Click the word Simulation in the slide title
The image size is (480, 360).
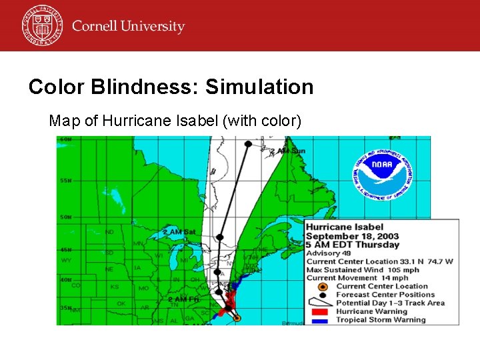coord(259,87)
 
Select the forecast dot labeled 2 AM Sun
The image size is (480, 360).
coord(248,144)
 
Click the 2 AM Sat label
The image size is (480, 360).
coord(180,232)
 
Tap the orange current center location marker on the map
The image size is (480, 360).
coord(237,318)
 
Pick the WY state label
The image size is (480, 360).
coord(65,260)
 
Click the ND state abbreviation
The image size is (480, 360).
coord(109,232)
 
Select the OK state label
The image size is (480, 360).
coord(121,303)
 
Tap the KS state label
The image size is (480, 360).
coord(115,287)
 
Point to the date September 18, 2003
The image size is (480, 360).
coord(353,236)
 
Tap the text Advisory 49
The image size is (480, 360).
coord(333,253)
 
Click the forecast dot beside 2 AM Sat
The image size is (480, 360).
coord(220,237)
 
